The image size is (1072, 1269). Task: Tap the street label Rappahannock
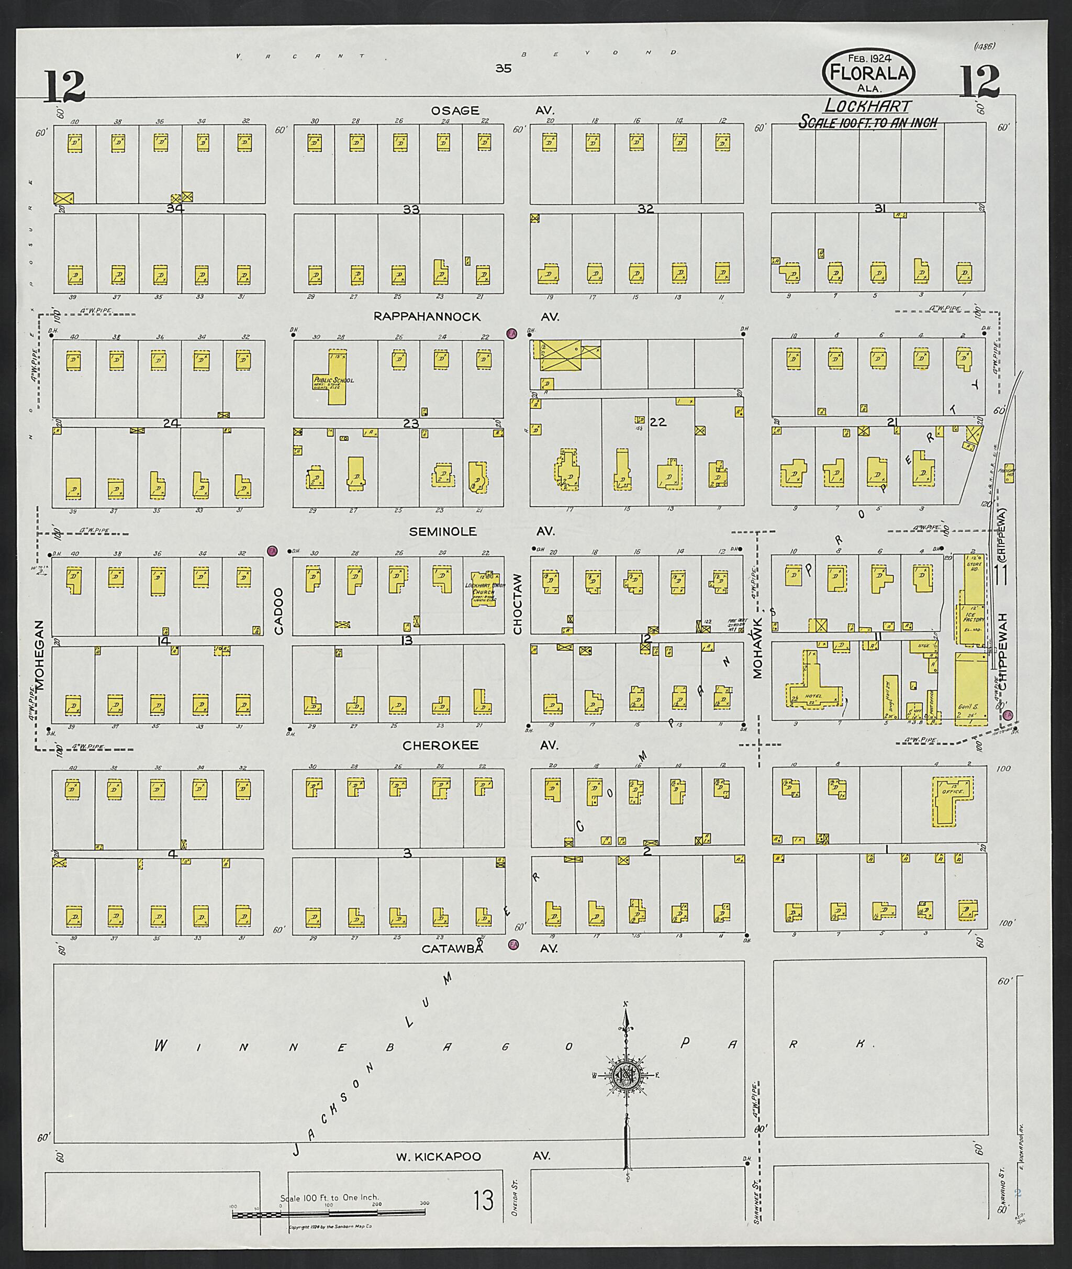(427, 317)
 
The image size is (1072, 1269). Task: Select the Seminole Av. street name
(442, 531)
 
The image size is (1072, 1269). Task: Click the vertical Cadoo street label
(279, 611)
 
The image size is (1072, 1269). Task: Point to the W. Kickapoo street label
(438, 1156)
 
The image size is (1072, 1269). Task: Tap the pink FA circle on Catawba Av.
(513, 944)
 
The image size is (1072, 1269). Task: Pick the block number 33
(411, 210)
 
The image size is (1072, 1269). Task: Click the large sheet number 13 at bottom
(484, 1200)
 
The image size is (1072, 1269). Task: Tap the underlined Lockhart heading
(867, 106)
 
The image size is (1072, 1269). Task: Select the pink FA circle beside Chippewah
(1008, 715)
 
